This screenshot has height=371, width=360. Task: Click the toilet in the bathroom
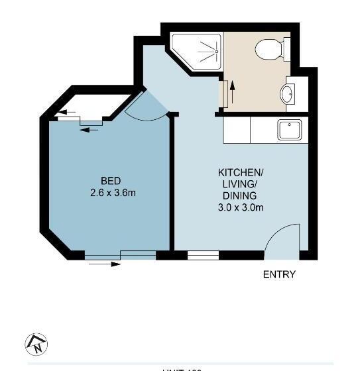[x=272, y=48]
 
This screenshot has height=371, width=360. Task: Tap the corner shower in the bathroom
[x=200, y=52]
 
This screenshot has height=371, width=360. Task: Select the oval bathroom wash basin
[x=288, y=95]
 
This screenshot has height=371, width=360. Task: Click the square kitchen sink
[x=289, y=129]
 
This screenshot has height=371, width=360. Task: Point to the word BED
[x=111, y=181]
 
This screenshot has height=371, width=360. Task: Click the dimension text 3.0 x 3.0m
[x=241, y=207]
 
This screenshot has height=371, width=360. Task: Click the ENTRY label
[x=279, y=274]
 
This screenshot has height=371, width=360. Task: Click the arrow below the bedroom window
[x=106, y=264]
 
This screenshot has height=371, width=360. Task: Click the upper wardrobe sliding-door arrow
[x=62, y=113]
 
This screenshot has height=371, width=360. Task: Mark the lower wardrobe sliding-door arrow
[x=89, y=129]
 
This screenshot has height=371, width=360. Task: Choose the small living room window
[x=203, y=255]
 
